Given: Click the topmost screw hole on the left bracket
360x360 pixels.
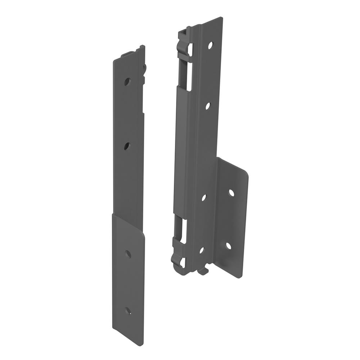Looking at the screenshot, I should click(127, 81).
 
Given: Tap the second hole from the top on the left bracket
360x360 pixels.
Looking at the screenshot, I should click(127, 146).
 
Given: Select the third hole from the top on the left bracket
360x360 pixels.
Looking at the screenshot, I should click(128, 254).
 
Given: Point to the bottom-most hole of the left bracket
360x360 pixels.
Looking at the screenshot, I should click(127, 311).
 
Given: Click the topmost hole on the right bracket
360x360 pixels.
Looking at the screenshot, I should click(210, 45).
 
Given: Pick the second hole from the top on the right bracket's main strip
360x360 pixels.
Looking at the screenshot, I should click(208, 106).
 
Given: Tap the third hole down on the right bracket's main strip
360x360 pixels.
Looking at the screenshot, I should click(204, 198).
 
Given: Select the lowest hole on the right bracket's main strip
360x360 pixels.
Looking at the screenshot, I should click(202, 250).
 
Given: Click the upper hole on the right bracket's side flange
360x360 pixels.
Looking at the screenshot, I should click(231, 193).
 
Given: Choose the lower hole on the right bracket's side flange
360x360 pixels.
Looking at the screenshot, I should click(228, 246).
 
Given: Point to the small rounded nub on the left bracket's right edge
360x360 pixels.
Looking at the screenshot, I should click(145, 69).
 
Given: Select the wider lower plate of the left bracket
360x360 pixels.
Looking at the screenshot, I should click(129, 277).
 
